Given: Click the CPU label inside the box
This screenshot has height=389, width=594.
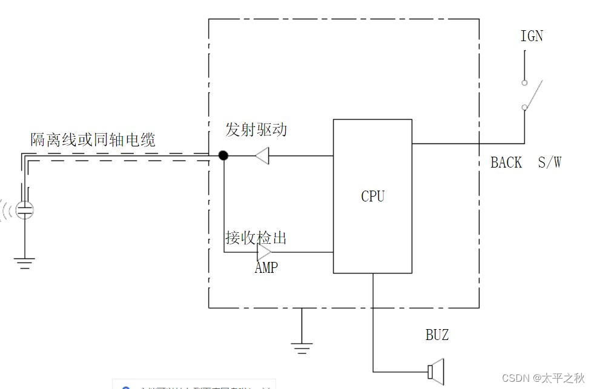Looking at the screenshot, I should click(x=372, y=197).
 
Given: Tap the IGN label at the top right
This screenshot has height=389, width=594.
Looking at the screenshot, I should click(x=532, y=36).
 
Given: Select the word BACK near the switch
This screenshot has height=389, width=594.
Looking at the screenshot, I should click(x=506, y=162).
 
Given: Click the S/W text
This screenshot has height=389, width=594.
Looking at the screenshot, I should click(x=550, y=162).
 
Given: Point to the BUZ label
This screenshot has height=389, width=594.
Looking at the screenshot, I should click(x=437, y=335).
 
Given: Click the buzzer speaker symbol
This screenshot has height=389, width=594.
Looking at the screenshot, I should click(x=435, y=371).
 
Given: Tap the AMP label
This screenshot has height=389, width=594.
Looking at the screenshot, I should click(x=266, y=267).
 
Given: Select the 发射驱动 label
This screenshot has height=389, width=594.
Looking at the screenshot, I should click(x=256, y=129).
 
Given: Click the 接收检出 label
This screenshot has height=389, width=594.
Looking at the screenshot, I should click(x=256, y=238).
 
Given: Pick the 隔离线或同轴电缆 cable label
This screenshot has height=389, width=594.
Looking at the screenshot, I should click(x=93, y=140).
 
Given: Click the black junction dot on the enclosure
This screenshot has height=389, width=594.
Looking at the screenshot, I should click(x=223, y=155).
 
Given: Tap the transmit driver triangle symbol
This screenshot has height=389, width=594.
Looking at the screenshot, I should click(x=262, y=155).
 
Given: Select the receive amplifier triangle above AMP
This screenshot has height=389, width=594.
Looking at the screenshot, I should click(x=265, y=252).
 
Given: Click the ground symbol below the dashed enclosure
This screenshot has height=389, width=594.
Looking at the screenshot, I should click(x=302, y=347).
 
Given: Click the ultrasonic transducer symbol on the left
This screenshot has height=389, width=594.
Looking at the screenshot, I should click(x=25, y=210).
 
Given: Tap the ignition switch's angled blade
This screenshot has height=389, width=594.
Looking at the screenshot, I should click(x=533, y=94).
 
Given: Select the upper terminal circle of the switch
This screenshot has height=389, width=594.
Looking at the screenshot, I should click(x=524, y=82).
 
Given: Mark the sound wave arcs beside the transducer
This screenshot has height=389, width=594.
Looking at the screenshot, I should click(x=7, y=210).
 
